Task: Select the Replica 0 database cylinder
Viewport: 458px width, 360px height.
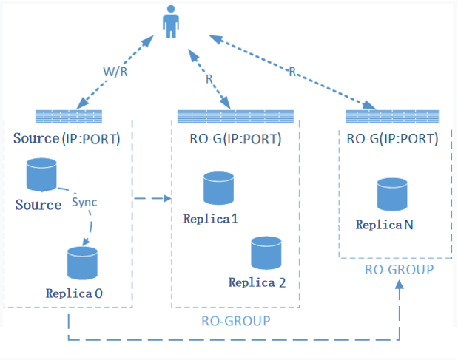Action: (x=81, y=262)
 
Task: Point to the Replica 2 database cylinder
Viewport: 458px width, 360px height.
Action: (x=266, y=253)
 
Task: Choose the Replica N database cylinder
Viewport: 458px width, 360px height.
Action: (x=392, y=194)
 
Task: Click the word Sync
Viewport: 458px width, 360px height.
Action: (x=84, y=201)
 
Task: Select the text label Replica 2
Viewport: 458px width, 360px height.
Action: (x=257, y=282)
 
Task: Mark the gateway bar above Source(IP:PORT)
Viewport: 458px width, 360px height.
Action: (x=68, y=116)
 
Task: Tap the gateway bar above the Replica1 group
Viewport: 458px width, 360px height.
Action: (x=235, y=116)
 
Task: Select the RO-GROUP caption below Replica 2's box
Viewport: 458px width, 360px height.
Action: (x=235, y=321)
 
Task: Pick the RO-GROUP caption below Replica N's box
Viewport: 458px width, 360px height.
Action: (x=400, y=270)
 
